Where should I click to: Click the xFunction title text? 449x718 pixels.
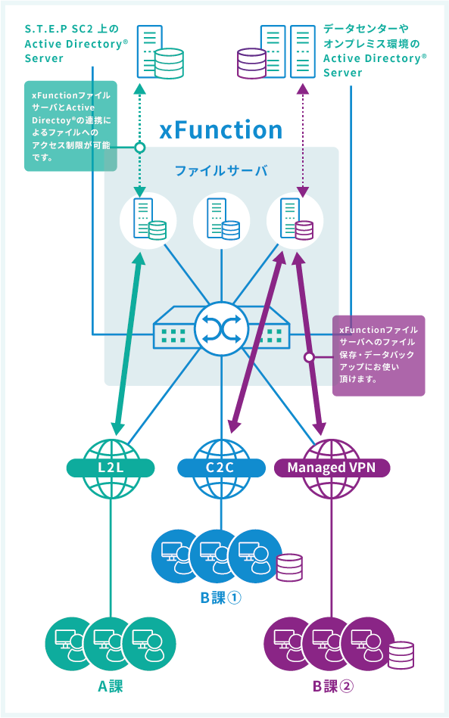(221, 129)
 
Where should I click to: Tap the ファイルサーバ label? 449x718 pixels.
(221, 171)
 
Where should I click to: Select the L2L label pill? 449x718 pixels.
(111, 468)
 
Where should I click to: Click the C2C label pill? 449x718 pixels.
(221, 468)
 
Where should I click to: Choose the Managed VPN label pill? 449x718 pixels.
(332, 468)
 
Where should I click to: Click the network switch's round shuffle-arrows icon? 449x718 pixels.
(221, 329)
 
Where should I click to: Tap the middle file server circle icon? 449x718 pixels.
(221, 220)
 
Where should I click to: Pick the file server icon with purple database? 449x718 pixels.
(295, 220)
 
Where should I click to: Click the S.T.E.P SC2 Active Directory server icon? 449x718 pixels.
(161, 51)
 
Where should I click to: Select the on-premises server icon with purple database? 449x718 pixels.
(276, 51)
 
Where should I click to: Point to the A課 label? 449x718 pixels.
(111, 686)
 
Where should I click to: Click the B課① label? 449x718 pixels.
(221, 598)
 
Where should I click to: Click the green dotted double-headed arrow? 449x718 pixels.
(141, 140)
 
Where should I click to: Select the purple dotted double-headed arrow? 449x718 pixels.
(302, 140)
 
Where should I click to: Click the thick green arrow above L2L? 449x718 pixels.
(129, 343)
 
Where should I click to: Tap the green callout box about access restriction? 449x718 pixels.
(70, 126)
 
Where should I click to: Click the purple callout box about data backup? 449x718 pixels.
(379, 356)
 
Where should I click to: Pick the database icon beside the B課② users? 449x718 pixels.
(401, 655)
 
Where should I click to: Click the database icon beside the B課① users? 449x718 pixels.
(289, 567)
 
